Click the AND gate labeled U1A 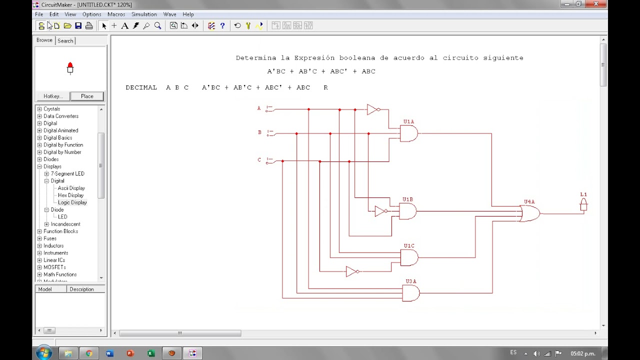point(409,133)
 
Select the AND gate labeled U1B point(407,211)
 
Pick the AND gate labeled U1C point(409,257)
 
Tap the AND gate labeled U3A point(411,293)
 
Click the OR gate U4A point(530,213)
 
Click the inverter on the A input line point(373,109)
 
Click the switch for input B point(269,133)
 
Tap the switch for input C point(269,161)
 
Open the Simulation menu point(144,14)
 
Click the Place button point(87,96)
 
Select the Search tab point(65,40)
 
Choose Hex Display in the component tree point(70,195)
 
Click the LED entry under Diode point(62,217)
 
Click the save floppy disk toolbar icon point(78,25)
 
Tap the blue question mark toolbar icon point(222,25)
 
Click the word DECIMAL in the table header point(141,87)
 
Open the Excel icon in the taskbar point(151,353)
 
